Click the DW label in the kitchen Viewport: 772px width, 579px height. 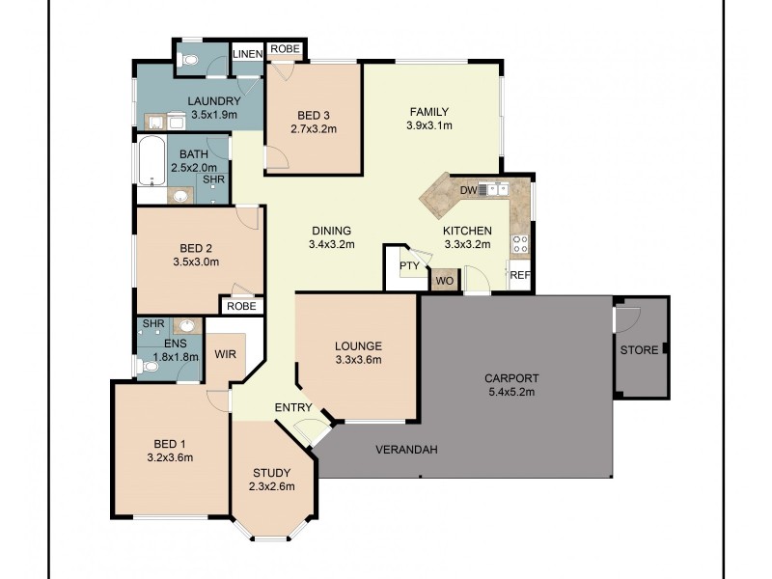click(468, 191)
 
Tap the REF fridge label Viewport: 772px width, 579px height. click(519, 275)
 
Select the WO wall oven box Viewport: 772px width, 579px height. click(444, 281)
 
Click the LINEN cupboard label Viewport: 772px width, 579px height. click(248, 54)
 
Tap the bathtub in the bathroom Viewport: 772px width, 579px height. click(151, 162)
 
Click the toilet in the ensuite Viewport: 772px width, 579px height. click(147, 366)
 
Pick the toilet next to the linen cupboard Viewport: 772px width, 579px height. click(189, 60)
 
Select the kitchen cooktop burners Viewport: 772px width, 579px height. click(519, 244)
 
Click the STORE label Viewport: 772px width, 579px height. click(639, 349)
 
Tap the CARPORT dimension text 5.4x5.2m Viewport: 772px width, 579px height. click(510, 393)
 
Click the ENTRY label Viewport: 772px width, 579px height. click(292, 408)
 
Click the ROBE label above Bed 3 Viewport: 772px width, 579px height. click(285, 49)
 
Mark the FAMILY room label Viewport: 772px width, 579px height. click(429, 111)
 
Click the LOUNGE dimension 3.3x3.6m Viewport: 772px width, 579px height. click(358, 360)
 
